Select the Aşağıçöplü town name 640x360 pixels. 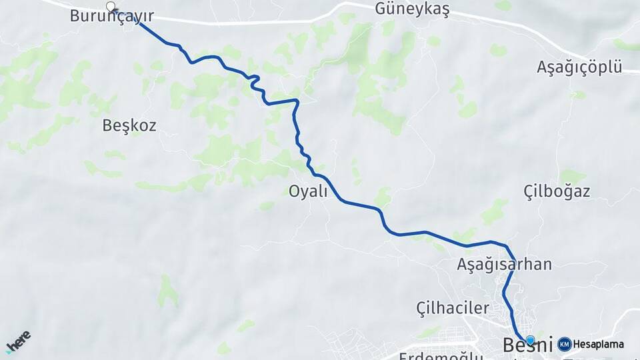pyautogui.click(x=579, y=68)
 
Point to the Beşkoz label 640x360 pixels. pyautogui.click(x=130, y=125)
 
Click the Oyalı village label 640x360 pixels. pyautogui.click(x=308, y=192)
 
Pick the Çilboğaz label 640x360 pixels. pyautogui.click(x=557, y=192)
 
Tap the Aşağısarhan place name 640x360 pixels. pyautogui.click(x=504, y=264)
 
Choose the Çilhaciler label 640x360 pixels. pyautogui.click(x=453, y=308)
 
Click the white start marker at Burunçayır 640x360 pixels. pyautogui.click(x=111, y=7)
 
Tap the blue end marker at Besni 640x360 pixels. pyautogui.click(x=530, y=340)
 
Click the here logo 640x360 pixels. pyautogui.click(x=18, y=341)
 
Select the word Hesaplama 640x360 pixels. pyautogui.click(x=599, y=345)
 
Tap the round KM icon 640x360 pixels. pyautogui.click(x=564, y=345)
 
